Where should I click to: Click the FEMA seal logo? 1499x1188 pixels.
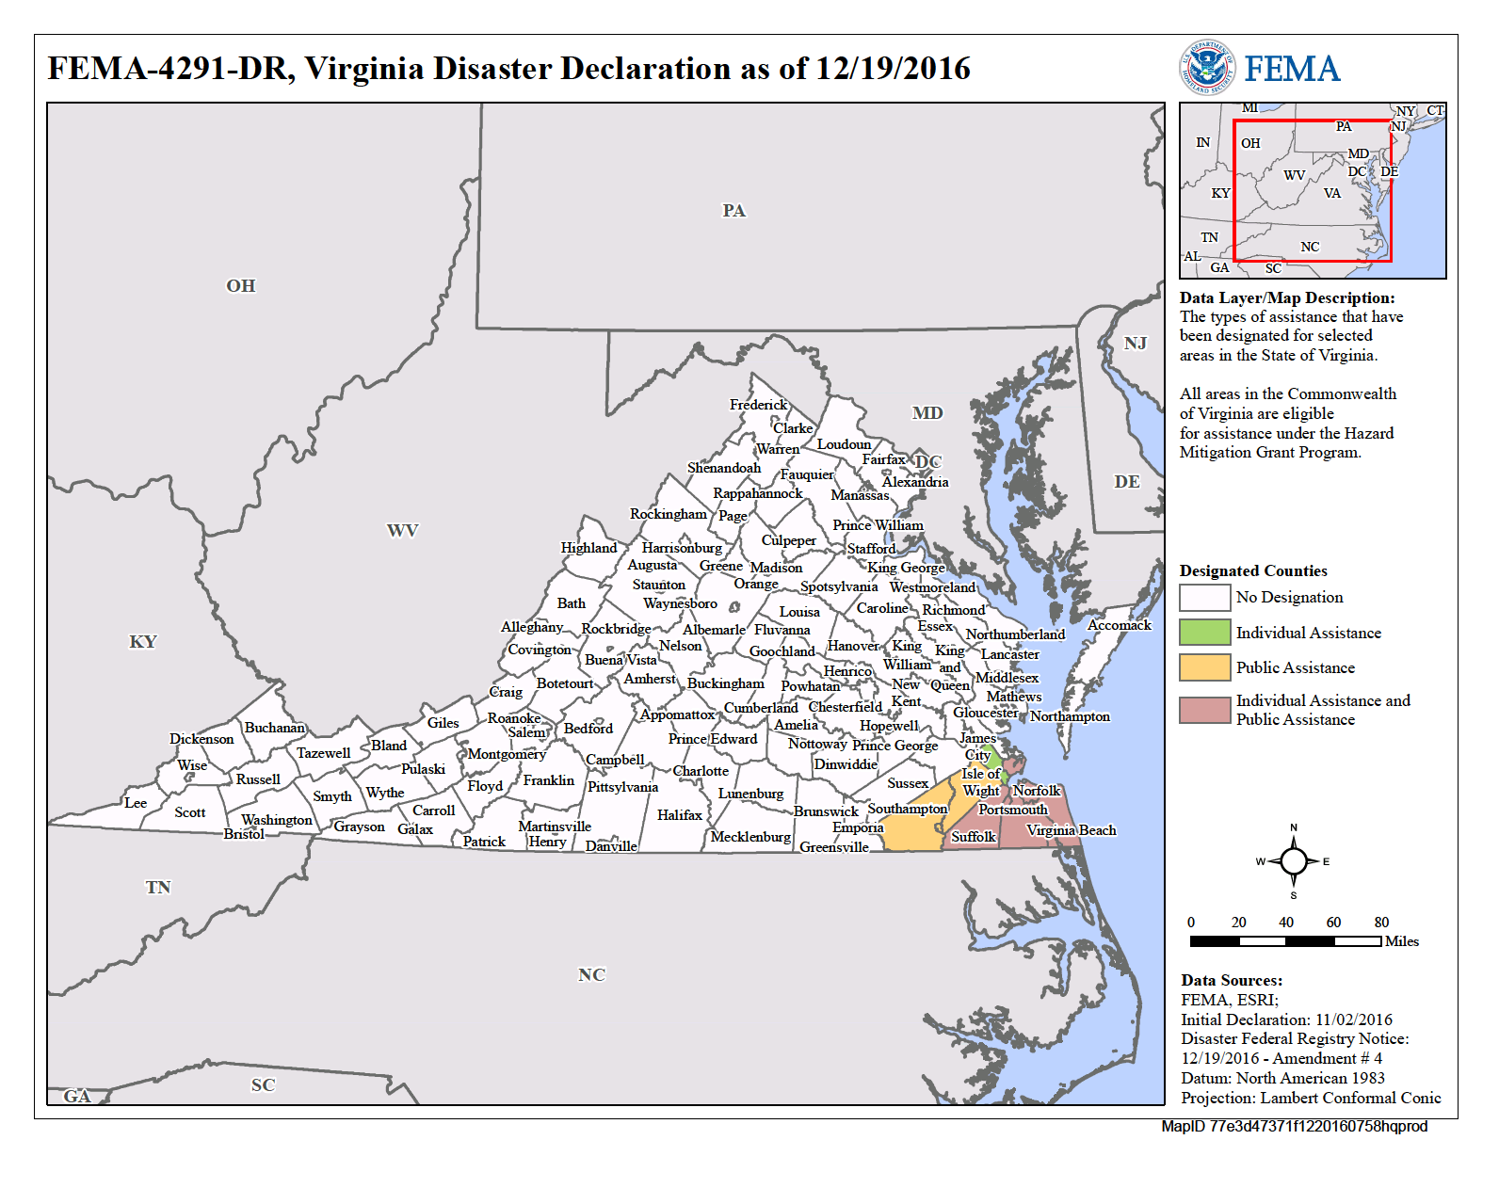click(x=1207, y=68)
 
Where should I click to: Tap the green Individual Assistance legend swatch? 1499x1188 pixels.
click(x=1204, y=633)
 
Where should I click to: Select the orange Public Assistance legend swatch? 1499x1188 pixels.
click(x=1204, y=667)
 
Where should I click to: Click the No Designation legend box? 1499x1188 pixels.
click(x=1204, y=597)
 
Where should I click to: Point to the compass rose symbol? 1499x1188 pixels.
click(x=1293, y=861)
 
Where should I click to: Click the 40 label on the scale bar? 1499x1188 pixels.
click(x=1285, y=923)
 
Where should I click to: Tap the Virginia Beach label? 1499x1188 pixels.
click(x=1071, y=830)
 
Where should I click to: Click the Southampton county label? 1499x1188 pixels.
click(x=907, y=809)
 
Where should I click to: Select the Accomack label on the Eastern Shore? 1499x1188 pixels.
click(x=1119, y=625)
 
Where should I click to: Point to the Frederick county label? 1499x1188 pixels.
click(x=758, y=405)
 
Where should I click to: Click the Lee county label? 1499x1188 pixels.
click(x=136, y=803)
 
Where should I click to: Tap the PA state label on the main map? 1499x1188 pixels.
click(x=733, y=211)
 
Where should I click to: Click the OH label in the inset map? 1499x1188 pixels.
click(x=1249, y=143)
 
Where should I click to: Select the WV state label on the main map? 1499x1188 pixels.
click(x=402, y=531)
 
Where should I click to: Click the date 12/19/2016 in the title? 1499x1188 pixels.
click(x=893, y=69)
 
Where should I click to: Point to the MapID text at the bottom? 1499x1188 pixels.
click(x=1294, y=1126)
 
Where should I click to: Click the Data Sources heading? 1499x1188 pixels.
click(x=1231, y=980)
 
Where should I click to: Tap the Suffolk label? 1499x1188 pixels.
click(x=973, y=836)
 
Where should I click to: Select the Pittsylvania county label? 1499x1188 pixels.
click(x=622, y=787)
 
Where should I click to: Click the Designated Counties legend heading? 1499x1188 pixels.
click(x=1252, y=570)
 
